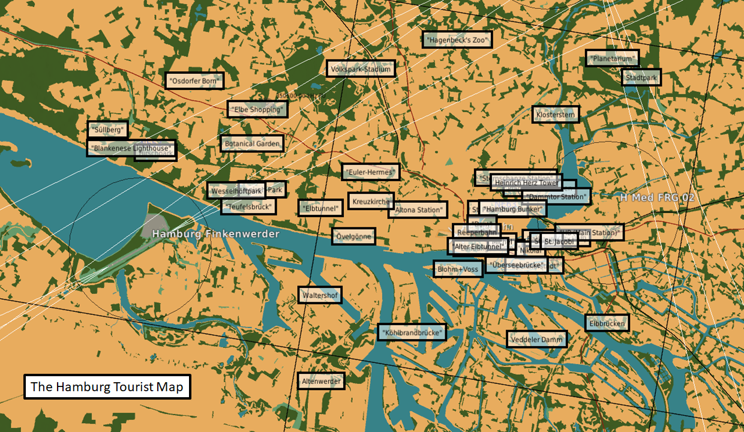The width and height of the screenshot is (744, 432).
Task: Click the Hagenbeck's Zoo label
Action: [x=457, y=40]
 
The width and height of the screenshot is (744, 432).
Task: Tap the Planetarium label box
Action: [x=612, y=58]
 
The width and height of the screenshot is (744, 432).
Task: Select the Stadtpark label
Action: [x=641, y=77]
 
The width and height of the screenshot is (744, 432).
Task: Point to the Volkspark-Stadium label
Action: [x=361, y=69]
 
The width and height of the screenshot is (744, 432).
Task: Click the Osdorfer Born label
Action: [x=194, y=80]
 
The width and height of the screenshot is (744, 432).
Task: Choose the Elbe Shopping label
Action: [x=257, y=109]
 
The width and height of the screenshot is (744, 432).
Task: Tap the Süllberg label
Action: [x=107, y=129]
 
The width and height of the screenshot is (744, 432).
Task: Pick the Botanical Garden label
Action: [x=251, y=143]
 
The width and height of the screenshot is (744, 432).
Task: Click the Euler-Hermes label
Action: [x=370, y=172]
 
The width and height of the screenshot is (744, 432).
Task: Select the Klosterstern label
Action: [x=556, y=114]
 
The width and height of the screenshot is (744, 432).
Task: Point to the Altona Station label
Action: [x=418, y=209]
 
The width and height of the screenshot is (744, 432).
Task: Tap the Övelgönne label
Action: [x=353, y=236]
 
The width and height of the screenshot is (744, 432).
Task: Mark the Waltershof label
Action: [x=320, y=295]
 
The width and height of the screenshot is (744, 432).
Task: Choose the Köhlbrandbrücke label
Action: [x=412, y=332]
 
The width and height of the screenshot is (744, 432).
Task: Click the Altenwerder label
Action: [x=321, y=381]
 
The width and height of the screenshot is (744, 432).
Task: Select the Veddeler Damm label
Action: [x=536, y=340]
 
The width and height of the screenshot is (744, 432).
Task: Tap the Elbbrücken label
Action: [x=607, y=323]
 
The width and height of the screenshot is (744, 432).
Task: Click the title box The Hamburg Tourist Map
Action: [x=107, y=387]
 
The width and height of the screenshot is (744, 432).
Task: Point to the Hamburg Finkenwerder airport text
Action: [x=215, y=233]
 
